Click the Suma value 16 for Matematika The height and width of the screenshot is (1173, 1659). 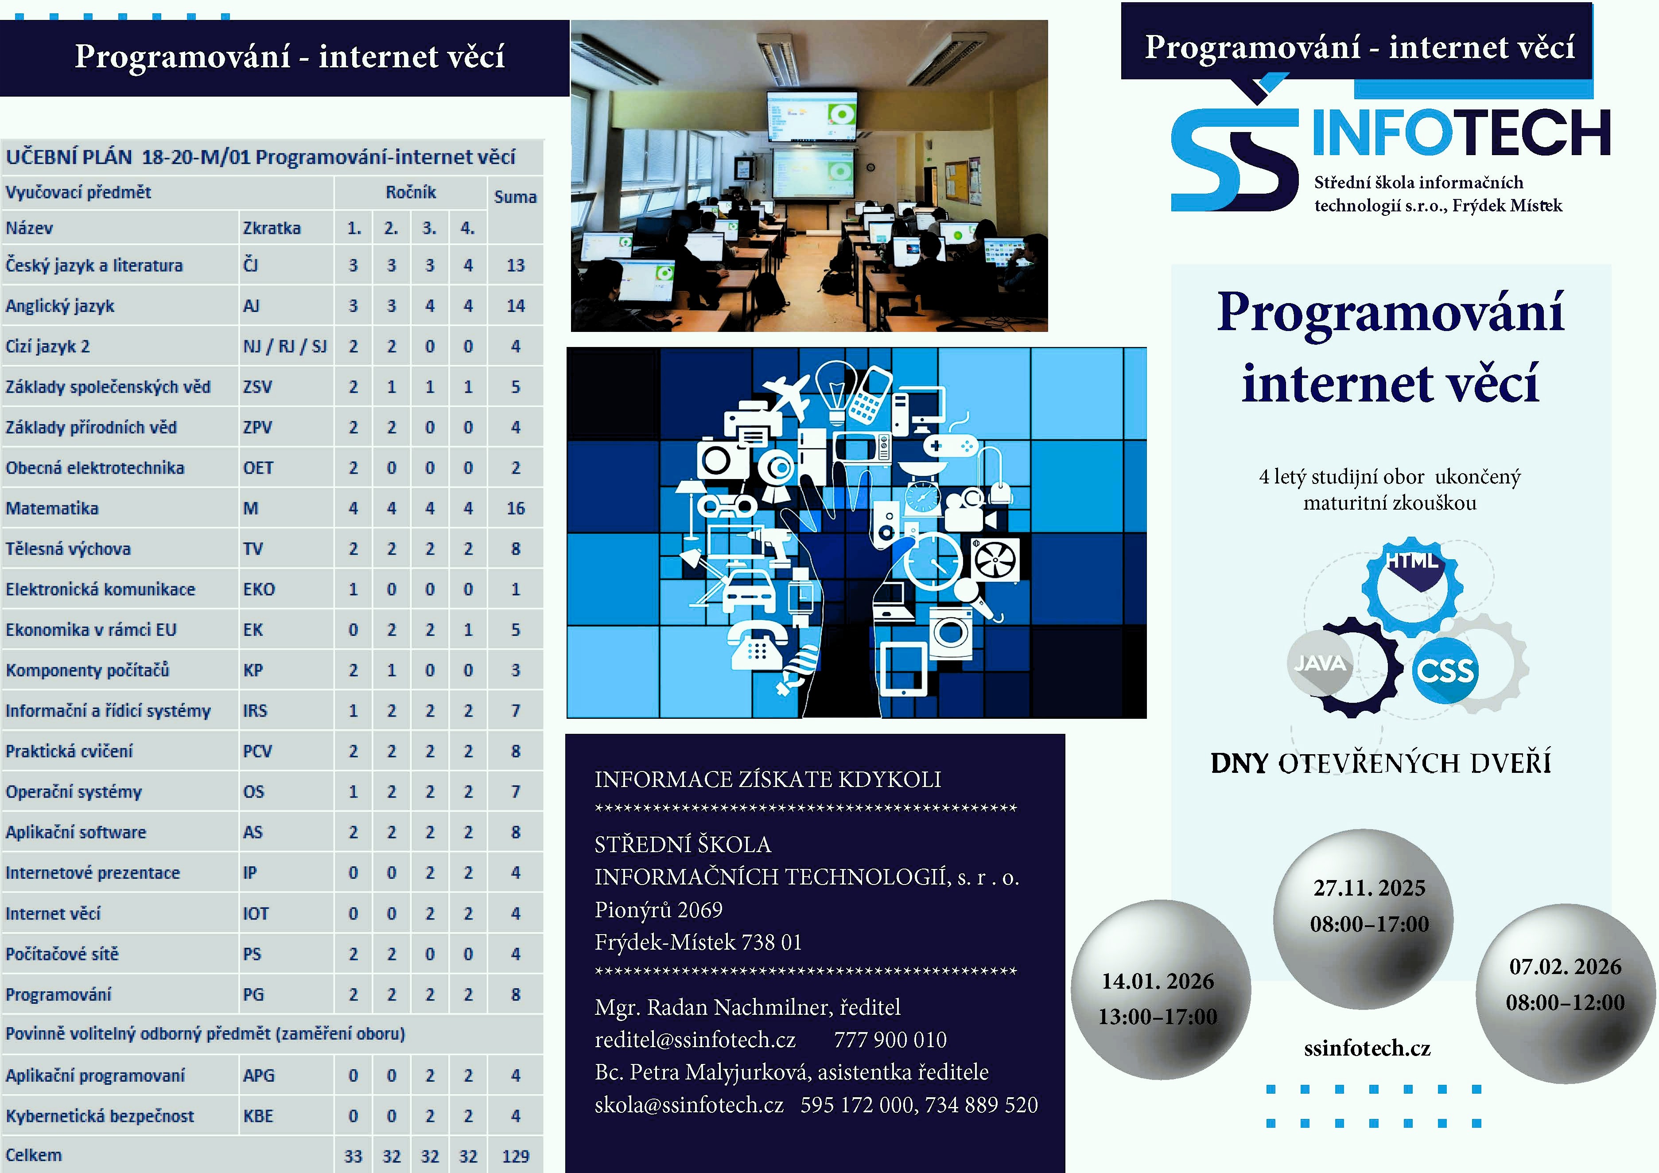515,508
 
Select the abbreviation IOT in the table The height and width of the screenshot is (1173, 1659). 256,913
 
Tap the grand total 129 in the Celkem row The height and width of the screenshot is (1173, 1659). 515,1156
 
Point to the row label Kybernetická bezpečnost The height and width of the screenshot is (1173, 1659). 100,1116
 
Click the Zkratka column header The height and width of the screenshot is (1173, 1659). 272,228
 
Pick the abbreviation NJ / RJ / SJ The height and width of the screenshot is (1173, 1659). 285,346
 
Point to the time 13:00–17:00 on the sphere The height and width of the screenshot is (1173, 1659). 1158,1016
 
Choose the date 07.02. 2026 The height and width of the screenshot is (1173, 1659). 1565,966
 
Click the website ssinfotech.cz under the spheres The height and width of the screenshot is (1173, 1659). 1367,1048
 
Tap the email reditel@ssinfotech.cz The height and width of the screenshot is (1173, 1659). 695,1039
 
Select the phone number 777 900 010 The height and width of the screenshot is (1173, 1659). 890,1039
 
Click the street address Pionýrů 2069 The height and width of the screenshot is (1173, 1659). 658,909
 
